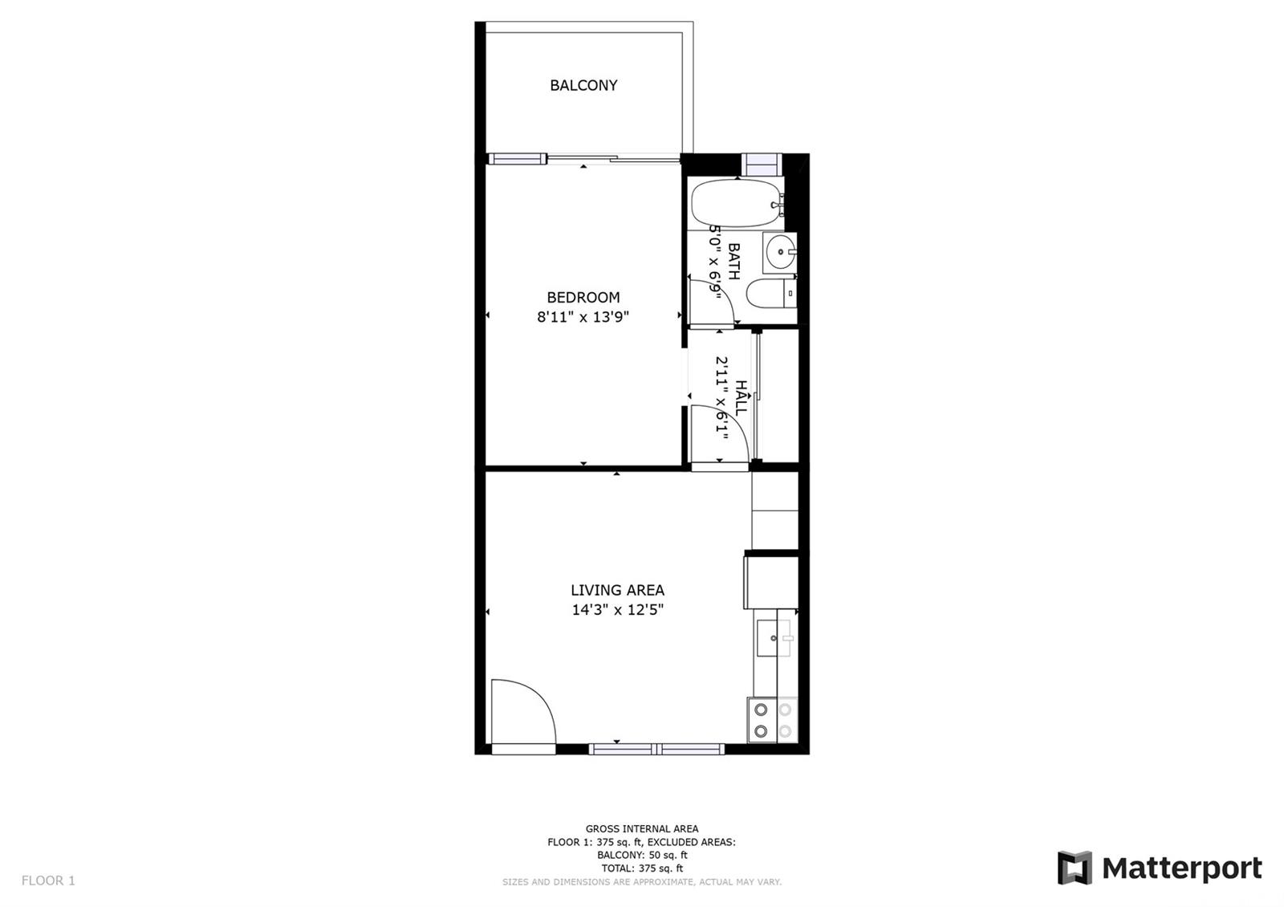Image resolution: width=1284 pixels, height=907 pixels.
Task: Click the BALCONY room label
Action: pos(583,85)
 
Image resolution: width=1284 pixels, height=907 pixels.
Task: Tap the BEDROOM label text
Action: pos(583,298)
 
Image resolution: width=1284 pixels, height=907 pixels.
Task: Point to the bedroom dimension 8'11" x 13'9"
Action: pos(583,317)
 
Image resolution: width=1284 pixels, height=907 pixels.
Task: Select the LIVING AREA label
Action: pos(617,590)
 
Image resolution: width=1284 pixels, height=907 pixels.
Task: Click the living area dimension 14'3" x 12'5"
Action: pos(617,610)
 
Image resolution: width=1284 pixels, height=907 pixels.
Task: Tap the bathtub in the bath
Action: pos(737,205)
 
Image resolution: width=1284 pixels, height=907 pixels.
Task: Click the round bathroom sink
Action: pos(779,252)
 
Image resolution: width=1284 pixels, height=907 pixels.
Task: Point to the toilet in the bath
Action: pos(771,294)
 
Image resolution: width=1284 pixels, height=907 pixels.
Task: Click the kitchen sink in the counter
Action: pos(774,637)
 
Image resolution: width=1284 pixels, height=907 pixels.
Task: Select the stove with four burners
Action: pos(773,719)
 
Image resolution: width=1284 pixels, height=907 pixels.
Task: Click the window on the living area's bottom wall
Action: pos(656,749)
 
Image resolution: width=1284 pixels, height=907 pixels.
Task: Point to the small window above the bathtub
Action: pos(762,165)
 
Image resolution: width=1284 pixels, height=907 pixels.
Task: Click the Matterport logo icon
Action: pos(1075,868)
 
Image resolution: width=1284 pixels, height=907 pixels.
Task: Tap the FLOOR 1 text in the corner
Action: pos(48,880)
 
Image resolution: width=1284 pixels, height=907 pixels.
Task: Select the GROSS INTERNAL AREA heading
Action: pos(642,828)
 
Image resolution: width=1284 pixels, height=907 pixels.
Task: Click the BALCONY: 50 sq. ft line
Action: pos(642,855)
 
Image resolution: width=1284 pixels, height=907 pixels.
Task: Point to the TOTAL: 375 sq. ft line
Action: pos(642,868)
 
